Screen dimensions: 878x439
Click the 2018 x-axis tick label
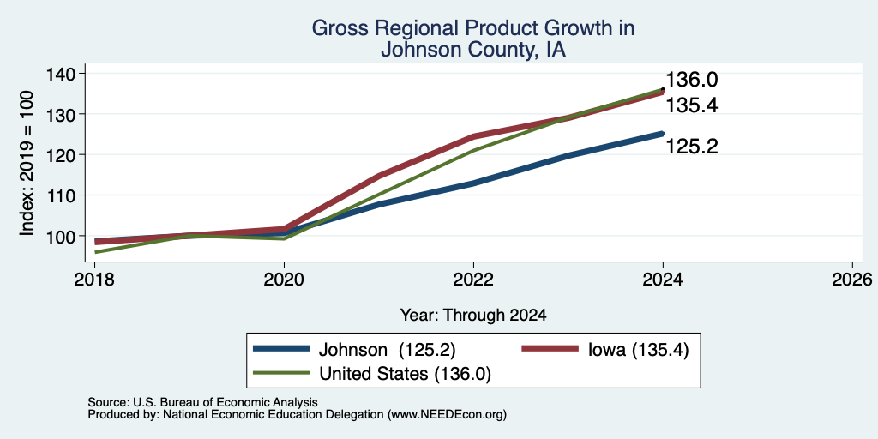tap(94, 279)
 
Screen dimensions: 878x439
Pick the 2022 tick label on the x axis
tap(473, 279)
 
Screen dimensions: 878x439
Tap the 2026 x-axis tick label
tap(853, 279)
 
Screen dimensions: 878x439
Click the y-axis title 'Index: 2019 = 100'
tap(27, 163)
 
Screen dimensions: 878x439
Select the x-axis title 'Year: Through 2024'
tap(473, 315)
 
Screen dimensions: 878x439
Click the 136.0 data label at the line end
tap(692, 80)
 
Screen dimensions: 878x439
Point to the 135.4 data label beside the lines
tap(692, 105)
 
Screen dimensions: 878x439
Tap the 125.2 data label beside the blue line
tap(692, 147)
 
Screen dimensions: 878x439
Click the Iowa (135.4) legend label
tap(638, 350)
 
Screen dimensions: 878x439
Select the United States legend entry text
tap(405, 374)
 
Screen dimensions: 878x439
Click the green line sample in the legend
tap(281, 372)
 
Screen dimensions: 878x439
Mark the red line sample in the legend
tap(550, 349)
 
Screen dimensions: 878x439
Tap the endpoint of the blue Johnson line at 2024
tap(663, 133)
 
